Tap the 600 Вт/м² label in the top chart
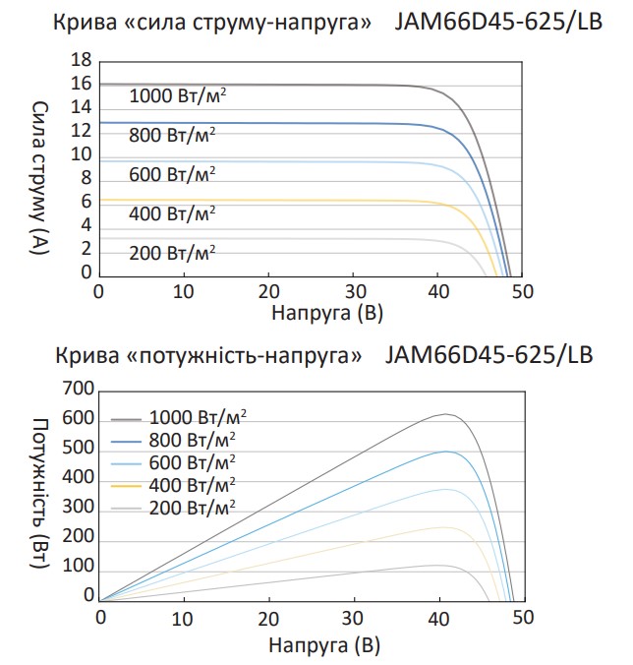pos(172,174)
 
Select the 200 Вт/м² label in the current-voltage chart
pos(172,252)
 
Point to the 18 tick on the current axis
pos(81,61)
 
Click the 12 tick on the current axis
pos(81,131)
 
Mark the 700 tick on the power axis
pos(78,391)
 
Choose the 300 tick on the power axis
pos(78,509)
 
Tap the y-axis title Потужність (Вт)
pos(40,495)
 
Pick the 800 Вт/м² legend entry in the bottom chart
pos(193,439)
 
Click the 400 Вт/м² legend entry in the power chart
pos(193,484)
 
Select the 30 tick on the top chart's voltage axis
pos(356,292)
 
